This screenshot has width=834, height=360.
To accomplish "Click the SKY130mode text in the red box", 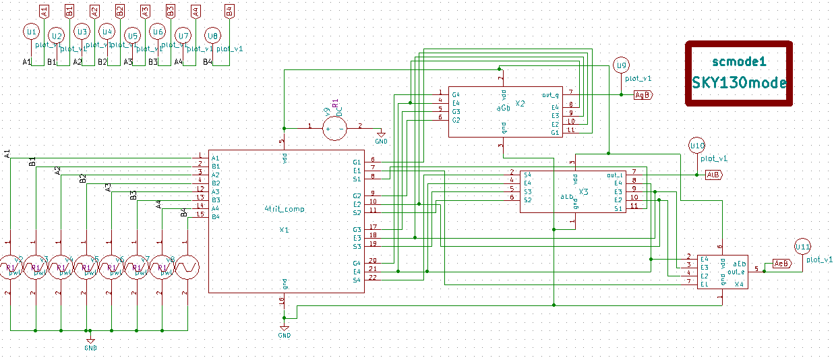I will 739,82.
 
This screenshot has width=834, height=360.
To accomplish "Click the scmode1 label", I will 739,61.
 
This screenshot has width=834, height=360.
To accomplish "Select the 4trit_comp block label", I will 284,209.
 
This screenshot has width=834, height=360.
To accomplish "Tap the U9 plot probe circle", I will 622,65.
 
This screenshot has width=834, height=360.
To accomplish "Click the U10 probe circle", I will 696,146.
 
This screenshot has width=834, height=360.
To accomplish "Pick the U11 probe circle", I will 802,247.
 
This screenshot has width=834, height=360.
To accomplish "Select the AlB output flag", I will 713,175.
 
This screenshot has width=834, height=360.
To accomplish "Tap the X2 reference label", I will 520,104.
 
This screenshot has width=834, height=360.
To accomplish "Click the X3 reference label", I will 583,192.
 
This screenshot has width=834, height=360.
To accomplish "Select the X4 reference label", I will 739,284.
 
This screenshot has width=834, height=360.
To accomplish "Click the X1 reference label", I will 284,230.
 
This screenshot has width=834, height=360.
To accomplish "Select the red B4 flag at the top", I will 229,10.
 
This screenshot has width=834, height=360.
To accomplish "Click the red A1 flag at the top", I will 44,10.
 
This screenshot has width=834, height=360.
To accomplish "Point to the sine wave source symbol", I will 187,267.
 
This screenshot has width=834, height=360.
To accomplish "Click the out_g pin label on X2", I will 551,95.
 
